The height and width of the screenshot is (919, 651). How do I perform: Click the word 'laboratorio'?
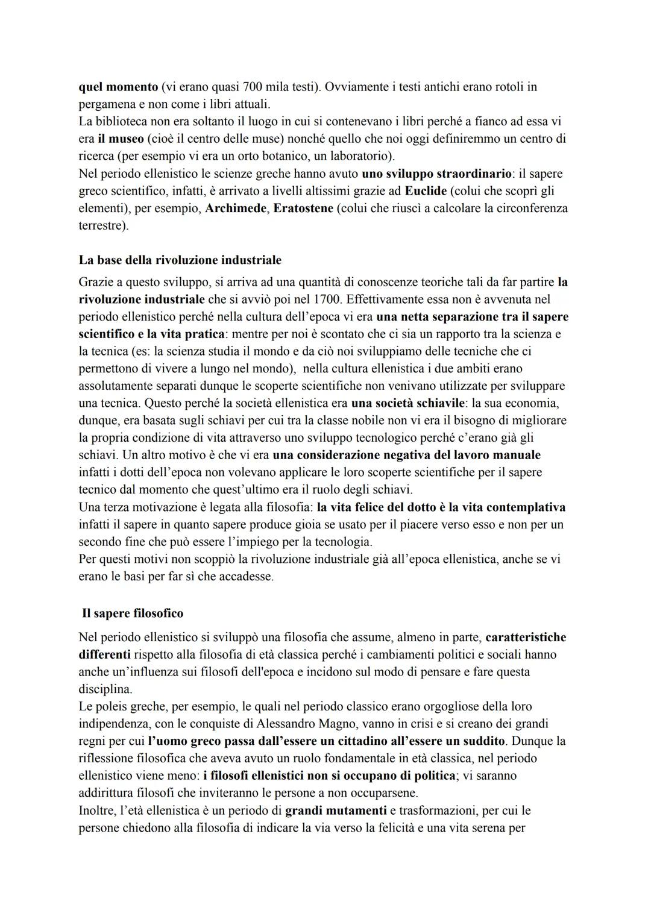click(359, 156)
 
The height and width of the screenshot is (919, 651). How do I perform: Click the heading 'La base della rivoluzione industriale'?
click(180, 260)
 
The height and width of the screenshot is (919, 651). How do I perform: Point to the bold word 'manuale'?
click(517, 455)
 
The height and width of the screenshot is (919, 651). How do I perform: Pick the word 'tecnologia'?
click(342, 542)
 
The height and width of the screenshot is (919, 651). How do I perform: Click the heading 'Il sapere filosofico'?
click(133, 613)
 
